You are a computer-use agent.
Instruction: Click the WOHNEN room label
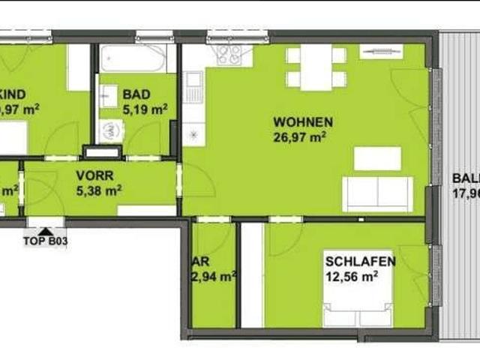point(303,122)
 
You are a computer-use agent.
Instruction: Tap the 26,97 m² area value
point(303,136)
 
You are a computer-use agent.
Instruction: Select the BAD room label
point(137,94)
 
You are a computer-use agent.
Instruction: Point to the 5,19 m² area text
point(145,109)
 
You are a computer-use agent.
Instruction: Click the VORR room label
point(94,176)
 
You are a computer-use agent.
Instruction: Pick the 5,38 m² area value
point(99,190)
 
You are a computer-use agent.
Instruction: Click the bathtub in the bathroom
point(133,58)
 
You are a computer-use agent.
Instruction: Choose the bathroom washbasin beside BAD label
point(108,95)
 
